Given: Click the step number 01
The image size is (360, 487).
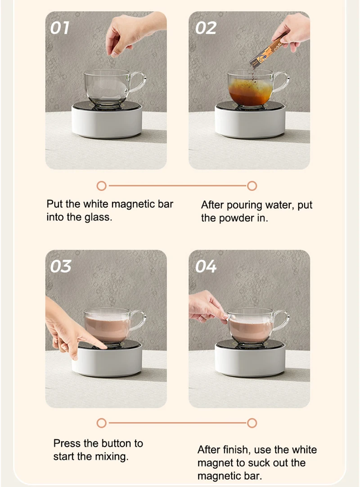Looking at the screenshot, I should point(60,28).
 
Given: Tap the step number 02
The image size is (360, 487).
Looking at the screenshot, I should point(206,28).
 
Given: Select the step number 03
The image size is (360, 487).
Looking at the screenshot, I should point(61,266).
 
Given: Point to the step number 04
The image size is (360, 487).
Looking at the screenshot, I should point(206,266).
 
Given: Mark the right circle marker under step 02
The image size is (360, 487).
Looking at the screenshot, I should point(252,185).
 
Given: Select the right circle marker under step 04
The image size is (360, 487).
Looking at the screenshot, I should point(252,423).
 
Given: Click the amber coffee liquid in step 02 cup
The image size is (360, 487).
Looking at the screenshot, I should point(250,94).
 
